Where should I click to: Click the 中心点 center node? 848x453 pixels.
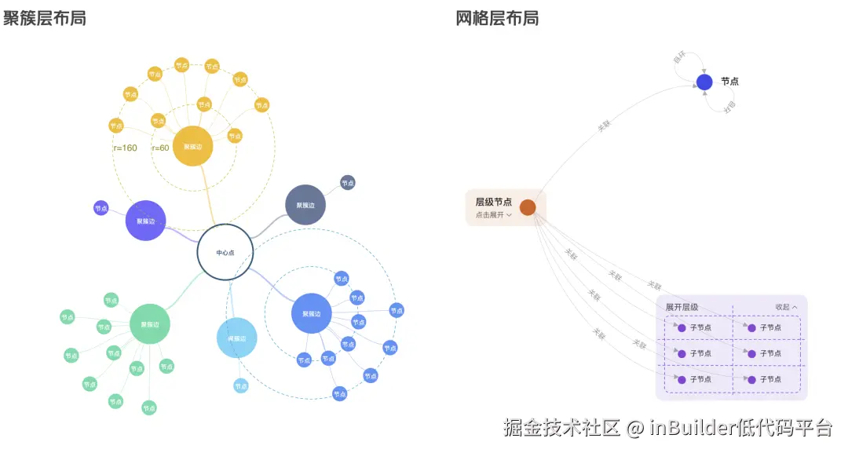coord(225,253)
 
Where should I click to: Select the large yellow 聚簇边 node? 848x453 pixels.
coord(192,146)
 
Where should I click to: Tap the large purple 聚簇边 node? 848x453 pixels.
coord(145,221)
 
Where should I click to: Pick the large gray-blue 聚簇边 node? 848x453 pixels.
coord(305,205)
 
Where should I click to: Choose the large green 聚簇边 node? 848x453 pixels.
coord(149,324)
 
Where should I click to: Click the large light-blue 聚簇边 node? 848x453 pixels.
coord(236,338)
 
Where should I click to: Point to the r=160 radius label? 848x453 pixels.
coord(126,148)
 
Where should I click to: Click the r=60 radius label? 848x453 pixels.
coord(160,148)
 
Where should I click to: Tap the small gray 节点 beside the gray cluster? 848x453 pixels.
coord(348,183)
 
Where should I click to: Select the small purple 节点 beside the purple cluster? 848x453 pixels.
coord(101,208)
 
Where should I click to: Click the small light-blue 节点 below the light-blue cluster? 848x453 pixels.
coord(240,385)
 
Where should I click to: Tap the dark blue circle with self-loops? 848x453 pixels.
coord(704,82)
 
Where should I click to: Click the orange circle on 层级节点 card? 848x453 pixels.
coord(528,207)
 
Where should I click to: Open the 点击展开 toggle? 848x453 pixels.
coord(493,214)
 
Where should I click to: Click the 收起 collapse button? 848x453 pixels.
coord(786,307)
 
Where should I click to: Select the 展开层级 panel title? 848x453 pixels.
coord(682,307)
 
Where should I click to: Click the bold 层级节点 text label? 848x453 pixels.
coord(493,202)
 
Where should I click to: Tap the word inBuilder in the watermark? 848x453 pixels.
coord(691,428)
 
